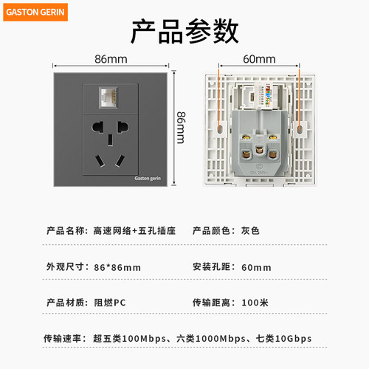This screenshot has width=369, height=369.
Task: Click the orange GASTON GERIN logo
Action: pyautogui.click(x=35, y=12)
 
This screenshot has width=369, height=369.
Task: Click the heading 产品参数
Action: pyautogui.click(x=184, y=32)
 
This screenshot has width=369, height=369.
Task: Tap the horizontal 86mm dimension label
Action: pyautogui.click(x=111, y=59)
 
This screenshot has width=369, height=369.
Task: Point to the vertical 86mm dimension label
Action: pyautogui.click(x=181, y=128)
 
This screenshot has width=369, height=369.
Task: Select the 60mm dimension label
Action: pyautogui.click(x=259, y=59)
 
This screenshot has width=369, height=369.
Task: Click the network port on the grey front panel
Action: pyautogui.click(x=108, y=97)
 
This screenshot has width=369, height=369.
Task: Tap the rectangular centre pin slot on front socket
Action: pyautogui.click(x=110, y=139)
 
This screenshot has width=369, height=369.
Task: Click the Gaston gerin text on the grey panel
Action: pyautogui.click(x=148, y=179)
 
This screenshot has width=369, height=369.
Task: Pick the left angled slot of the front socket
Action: pyautogui.click(x=100, y=161)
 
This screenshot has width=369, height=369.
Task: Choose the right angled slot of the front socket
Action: pyautogui.click(x=120, y=161)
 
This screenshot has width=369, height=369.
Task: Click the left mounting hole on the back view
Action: pyautogui.click(x=220, y=129)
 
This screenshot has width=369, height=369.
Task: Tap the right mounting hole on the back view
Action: pyautogui.click(x=300, y=129)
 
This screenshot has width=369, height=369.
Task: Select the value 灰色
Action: pyautogui.click(x=250, y=231)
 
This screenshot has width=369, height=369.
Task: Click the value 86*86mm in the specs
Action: pyautogui.click(x=117, y=267)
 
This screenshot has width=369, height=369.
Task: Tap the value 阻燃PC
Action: pyautogui.click(x=110, y=303)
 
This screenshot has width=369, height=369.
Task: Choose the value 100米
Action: pyautogui.click(x=255, y=303)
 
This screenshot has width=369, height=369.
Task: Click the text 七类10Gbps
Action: pyautogui.click(x=283, y=339)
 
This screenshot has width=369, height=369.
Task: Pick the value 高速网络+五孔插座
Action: pyautogui.click(x=134, y=231)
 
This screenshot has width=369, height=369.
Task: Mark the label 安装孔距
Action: pyautogui.click(x=211, y=267)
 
